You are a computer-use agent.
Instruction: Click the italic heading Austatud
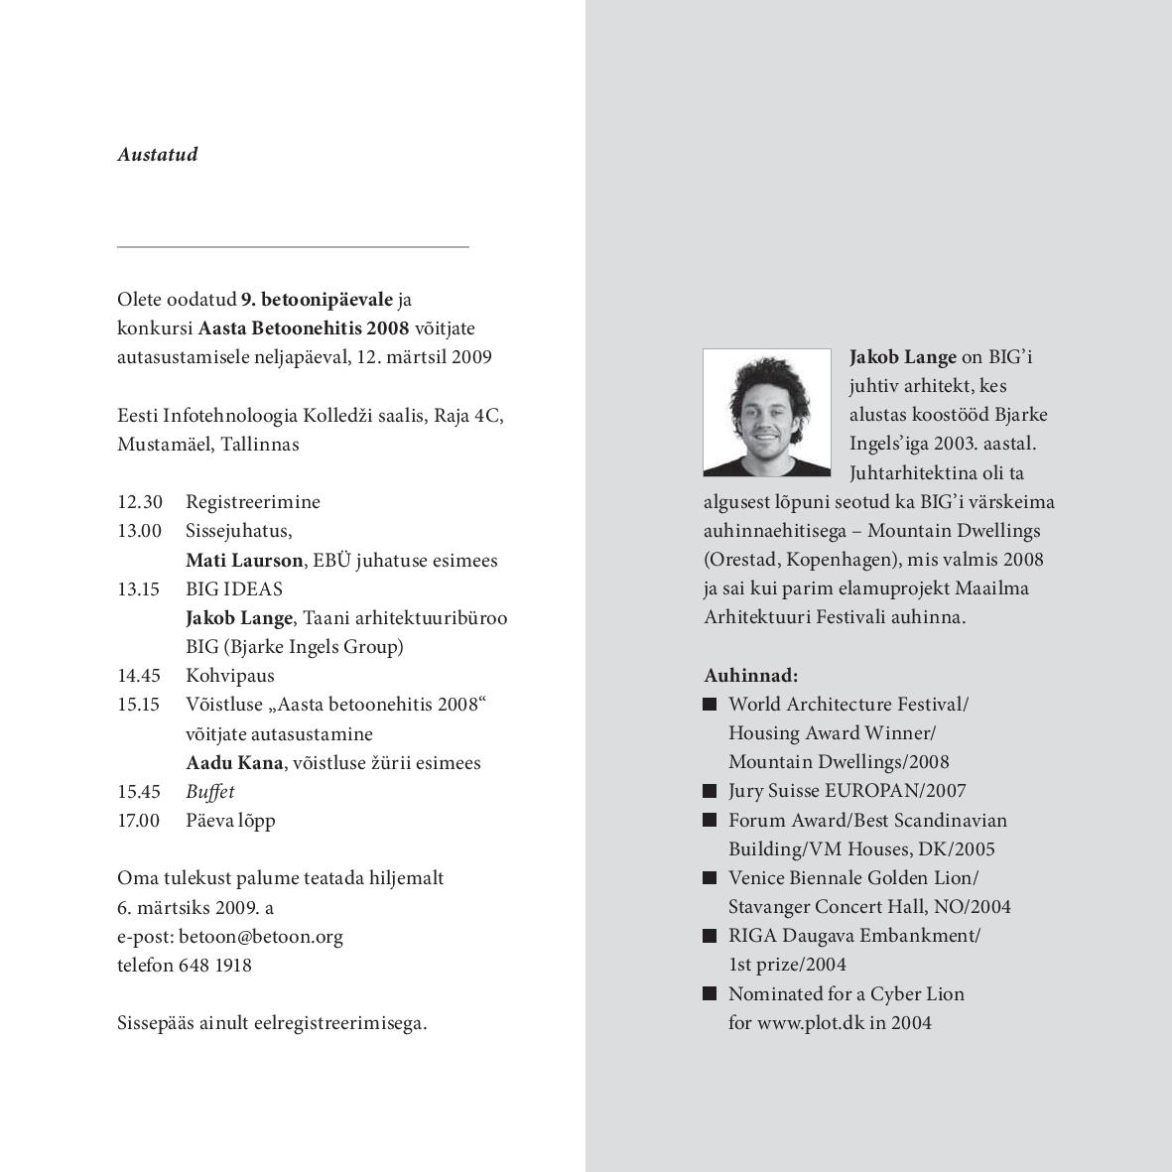point(157,155)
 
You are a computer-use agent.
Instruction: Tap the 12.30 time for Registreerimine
point(139,502)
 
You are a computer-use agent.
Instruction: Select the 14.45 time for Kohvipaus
point(139,676)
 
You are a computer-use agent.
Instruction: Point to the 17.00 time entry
point(139,821)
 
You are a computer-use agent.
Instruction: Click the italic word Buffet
point(209,792)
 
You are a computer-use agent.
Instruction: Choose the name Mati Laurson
point(244,561)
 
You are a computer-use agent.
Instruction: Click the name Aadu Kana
point(234,763)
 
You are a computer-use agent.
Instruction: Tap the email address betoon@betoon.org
point(261,937)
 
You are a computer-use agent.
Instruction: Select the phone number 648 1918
point(214,966)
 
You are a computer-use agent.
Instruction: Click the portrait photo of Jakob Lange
point(766,413)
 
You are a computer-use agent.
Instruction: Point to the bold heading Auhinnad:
point(750,676)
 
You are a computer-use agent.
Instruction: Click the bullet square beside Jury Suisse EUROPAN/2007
point(710,791)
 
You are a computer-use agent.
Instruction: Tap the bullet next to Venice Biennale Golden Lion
point(710,878)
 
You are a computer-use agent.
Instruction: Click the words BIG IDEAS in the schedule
point(233,589)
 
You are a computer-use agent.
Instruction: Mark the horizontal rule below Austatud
point(293,246)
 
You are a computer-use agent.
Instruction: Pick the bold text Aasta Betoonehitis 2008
point(304,328)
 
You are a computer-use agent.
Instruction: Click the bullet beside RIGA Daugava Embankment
point(710,936)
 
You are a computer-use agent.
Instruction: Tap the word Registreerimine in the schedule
point(252,502)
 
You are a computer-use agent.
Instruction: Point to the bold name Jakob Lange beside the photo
point(903,357)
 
